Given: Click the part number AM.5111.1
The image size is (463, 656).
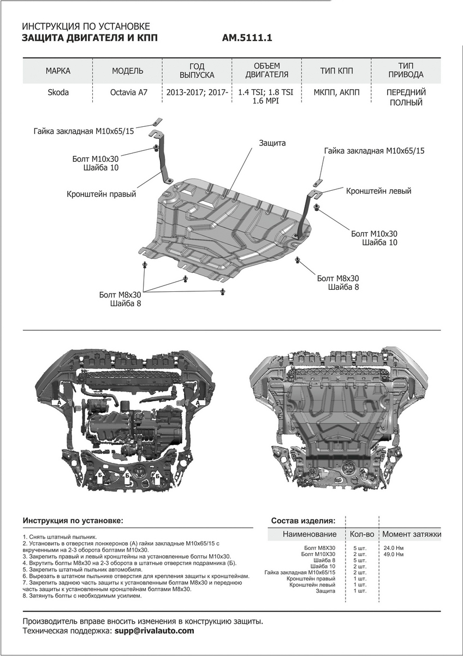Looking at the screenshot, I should click(x=247, y=39).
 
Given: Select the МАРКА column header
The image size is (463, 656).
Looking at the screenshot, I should click(x=58, y=71).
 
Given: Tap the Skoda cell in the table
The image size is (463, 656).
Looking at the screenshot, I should click(x=58, y=92).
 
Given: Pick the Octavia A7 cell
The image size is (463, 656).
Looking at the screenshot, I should click(x=128, y=92).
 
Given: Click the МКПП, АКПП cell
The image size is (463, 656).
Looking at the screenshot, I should click(x=337, y=92).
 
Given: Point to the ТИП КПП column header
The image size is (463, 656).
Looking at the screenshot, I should click(x=337, y=71).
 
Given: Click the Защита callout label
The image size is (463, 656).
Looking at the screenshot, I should click(x=272, y=143).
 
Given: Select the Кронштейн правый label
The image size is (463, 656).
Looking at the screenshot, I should click(x=102, y=194).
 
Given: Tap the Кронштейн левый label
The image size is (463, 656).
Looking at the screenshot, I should click(x=378, y=191).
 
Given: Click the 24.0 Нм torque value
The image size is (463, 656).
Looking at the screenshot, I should click(x=394, y=547).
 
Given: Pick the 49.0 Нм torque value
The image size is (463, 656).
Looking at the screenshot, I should click(x=394, y=554).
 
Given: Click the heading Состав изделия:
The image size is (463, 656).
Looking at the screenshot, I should click(x=304, y=520).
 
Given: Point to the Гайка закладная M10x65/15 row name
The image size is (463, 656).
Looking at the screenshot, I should click(x=300, y=572).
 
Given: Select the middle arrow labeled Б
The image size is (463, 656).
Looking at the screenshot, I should click(x=127, y=475).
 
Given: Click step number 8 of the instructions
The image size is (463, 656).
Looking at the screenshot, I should click(x=25, y=596).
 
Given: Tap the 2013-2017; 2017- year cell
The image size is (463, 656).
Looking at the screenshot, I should click(x=197, y=92).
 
